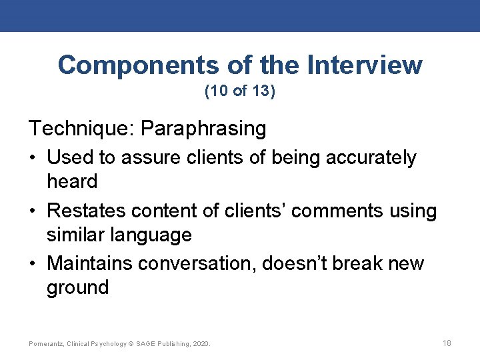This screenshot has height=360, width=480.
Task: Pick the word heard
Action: (x=72, y=181)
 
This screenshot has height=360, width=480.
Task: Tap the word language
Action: (x=153, y=235)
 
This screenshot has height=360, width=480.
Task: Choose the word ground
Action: (x=77, y=287)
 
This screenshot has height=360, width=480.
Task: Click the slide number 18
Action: (x=447, y=343)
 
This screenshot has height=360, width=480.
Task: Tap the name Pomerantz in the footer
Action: (x=46, y=343)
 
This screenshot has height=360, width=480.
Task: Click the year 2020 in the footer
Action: (x=201, y=343)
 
